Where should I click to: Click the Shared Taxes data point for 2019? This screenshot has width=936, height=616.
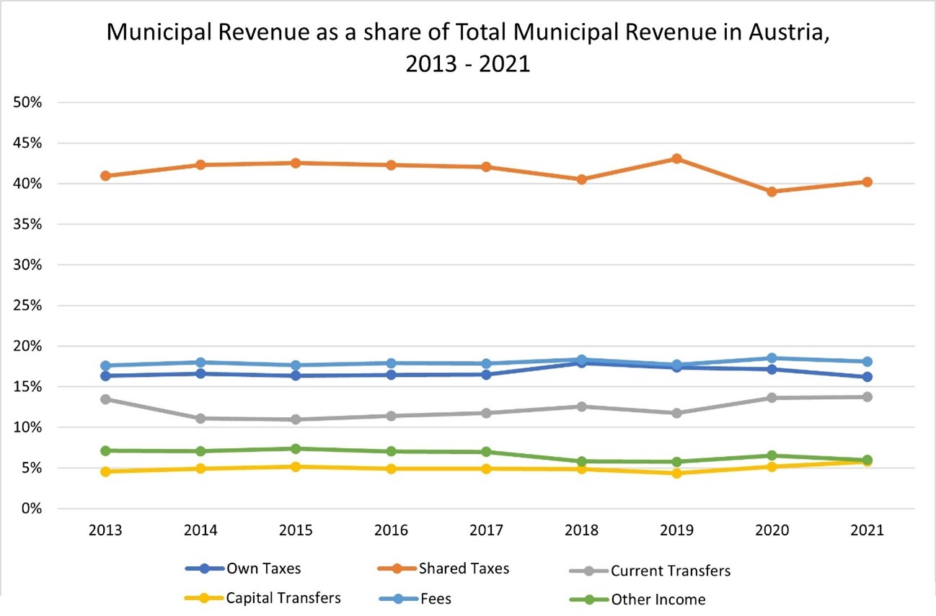(676, 159)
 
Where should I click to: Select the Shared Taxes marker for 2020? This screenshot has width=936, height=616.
(772, 192)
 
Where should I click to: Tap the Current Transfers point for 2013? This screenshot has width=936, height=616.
(105, 399)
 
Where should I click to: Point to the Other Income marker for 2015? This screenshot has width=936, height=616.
(296, 449)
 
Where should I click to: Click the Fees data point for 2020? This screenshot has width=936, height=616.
(772, 358)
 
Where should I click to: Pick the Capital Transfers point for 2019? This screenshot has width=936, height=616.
(676, 473)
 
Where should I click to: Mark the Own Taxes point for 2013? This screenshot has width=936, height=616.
(105, 375)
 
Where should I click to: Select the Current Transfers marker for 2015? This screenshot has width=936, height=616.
(296, 419)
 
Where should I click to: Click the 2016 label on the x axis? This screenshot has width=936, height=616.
(391, 531)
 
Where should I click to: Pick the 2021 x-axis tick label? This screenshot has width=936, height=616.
(867, 531)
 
